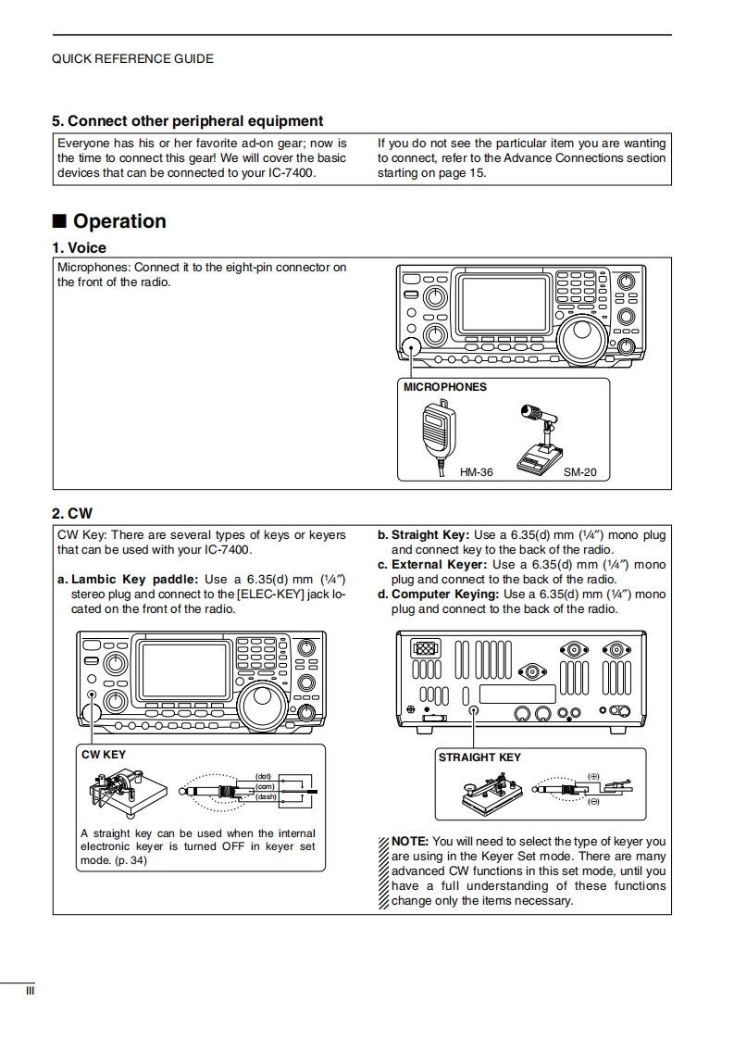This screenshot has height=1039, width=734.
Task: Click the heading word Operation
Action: [x=119, y=221]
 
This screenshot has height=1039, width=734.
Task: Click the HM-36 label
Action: [x=476, y=472]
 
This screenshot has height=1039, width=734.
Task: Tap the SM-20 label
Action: [x=580, y=472]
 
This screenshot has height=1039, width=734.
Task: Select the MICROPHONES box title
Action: [x=444, y=387]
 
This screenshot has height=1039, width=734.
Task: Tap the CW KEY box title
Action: [x=104, y=755]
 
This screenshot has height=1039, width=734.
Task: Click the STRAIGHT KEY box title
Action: [x=479, y=757]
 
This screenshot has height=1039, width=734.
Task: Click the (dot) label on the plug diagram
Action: [x=263, y=775]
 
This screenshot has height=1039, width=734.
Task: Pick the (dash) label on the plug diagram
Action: [x=266, y=796]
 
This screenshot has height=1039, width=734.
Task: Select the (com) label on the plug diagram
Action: [x=265, y=786]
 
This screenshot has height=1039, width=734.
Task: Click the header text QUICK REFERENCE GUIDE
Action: [x=132, y=59]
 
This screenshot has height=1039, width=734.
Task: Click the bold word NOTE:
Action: [x=410, y=842]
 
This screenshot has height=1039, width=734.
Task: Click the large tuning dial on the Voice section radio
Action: [x=583, y=338]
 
